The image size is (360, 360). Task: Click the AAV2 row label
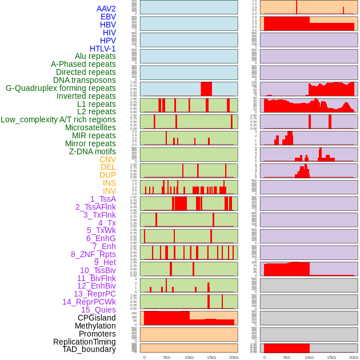point(106,9)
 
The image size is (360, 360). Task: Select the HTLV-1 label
point(102,49)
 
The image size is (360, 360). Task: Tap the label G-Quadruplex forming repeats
point(61,88)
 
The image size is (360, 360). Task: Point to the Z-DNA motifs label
point(92,151)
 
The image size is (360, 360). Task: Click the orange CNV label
point(107,159)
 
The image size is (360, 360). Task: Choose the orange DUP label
point(107,175)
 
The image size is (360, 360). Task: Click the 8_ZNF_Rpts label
point(93,254)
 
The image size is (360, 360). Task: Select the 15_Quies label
point(98,310)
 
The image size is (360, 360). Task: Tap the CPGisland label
point(97,318)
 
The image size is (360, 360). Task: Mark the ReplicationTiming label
point(84,342)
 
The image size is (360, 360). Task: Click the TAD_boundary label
point(89,349)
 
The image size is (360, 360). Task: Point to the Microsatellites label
point(90,127)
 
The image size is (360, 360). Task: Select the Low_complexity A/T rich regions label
point(58,119)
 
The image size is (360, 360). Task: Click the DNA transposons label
point(85,80)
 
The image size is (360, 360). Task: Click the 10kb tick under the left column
point(189,357)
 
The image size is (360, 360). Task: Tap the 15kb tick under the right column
point(331,357)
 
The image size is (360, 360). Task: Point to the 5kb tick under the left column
point(167,357)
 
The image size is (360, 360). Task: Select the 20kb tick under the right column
point(354,357)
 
